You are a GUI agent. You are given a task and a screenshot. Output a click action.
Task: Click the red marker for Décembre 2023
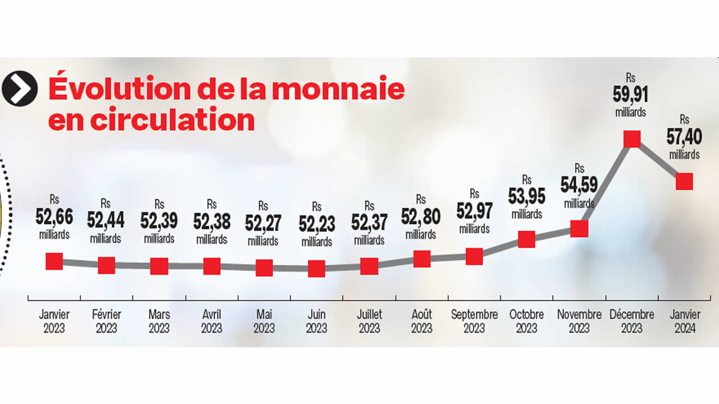pyautogui.click(x=632, y=139)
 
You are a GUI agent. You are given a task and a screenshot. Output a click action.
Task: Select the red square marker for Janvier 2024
pyautogui.click(x=684, y=181)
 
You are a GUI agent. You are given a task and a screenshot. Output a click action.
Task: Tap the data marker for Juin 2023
pyautogui.click(x=316, y=268)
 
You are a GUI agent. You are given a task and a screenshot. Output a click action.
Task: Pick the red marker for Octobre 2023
pyautogui.click(x=526, y=240)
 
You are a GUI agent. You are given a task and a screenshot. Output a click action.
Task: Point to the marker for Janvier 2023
pyautogui.click(x=54, y=261)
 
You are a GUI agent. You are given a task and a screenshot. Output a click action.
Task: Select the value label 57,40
pyautogui.click(x=684, y=136)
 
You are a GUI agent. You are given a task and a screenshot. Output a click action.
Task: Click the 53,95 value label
pyautogui.click(x=526, y=197)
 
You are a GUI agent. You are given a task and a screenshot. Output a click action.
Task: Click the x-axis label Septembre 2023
pyautogui.click(x=474, y=322)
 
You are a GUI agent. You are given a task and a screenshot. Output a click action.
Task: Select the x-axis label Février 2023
pyautogui.click(x=106, y=322)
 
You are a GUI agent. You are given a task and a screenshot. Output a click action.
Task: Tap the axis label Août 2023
pyautogui.click(x=421, y=322)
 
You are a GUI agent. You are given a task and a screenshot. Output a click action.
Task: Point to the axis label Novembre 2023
pyautogui.click(x=579, y=322)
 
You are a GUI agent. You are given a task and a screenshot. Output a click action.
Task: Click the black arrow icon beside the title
pyautogui.click(x=20, y=89)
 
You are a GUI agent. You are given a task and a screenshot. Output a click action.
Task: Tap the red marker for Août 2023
pyautogui.click(x=421, y=259)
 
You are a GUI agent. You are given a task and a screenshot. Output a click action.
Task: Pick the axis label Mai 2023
pyautogui.click(x=264, y=322)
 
